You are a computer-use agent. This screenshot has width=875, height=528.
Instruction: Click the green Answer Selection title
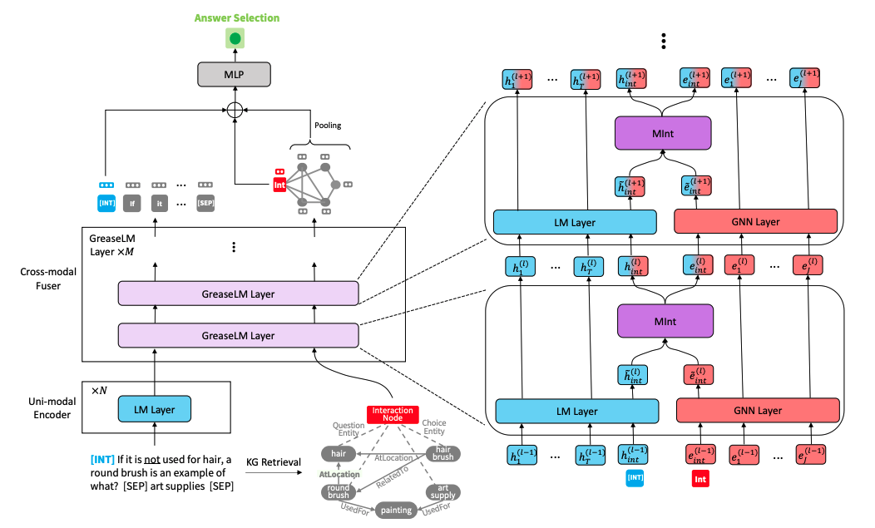[238, 17]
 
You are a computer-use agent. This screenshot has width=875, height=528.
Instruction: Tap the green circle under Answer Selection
[235, 38]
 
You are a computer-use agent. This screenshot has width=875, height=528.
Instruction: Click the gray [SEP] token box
[205, 200]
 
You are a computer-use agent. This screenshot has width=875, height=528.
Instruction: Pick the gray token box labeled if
[132, 200]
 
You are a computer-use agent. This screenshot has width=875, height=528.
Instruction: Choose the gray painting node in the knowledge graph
[397, 510]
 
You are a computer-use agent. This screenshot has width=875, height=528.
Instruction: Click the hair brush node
[442, 453]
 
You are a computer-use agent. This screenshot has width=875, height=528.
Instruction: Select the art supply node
[442, 491]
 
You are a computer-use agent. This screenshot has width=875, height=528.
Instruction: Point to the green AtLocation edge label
[339, 474]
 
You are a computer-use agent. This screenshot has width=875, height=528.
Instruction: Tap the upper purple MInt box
[662, 132]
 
